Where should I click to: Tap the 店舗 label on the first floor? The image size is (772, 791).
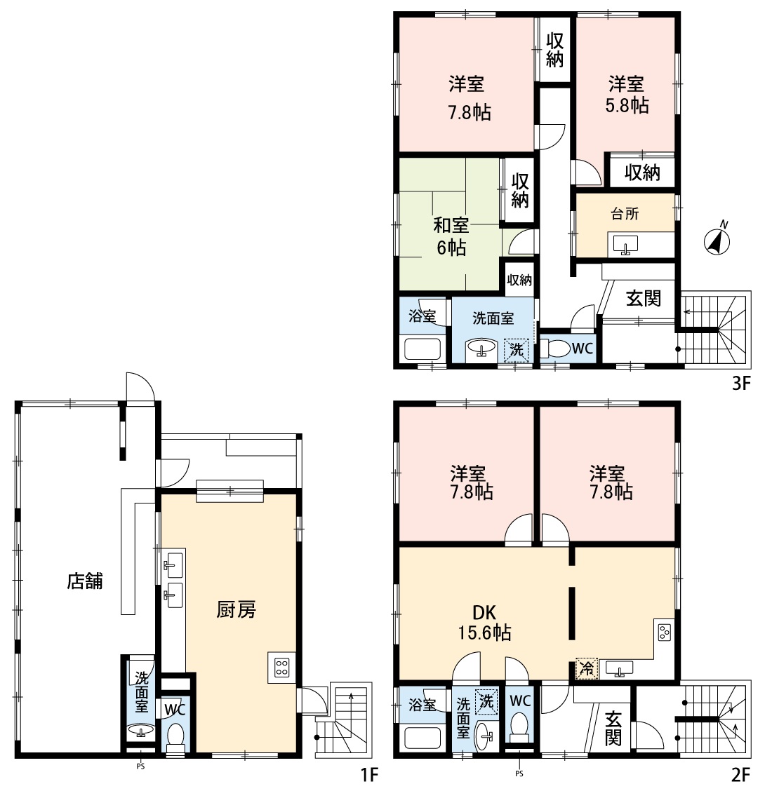point(85,581)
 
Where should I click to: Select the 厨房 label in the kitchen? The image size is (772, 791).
point(237,609)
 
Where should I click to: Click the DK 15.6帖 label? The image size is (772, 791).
point(484,623)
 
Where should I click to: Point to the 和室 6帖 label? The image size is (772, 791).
point(451,236)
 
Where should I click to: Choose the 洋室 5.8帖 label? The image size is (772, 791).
point(627,95)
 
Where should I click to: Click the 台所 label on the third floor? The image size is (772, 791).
point(625,214)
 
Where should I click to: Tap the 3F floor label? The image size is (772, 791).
point(741,384)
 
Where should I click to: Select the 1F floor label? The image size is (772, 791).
point(370,774)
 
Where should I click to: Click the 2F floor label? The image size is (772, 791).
point(740,774)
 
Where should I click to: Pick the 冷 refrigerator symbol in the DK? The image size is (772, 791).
point(587,668)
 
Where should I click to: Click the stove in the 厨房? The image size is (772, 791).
point(281,668)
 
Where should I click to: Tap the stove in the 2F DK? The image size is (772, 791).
point(665,633)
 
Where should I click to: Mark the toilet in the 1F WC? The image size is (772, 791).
point(175,737)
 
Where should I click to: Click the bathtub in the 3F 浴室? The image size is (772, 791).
point(422,349)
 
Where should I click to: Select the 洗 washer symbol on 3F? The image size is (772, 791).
point(516,350)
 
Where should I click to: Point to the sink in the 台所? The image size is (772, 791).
point(625,245)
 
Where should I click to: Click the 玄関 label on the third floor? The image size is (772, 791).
point(644,298)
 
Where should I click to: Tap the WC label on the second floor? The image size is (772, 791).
point(520,701)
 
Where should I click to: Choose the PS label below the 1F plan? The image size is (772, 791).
point(140,766)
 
